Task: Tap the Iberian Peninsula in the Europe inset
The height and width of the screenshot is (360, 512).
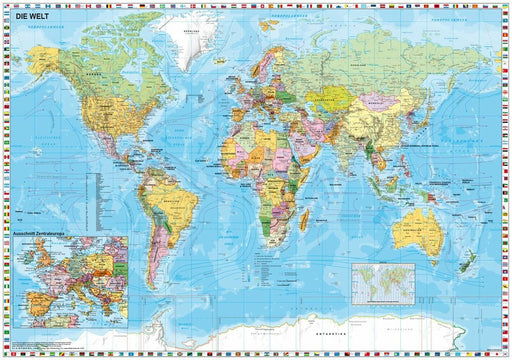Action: (35, 288)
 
